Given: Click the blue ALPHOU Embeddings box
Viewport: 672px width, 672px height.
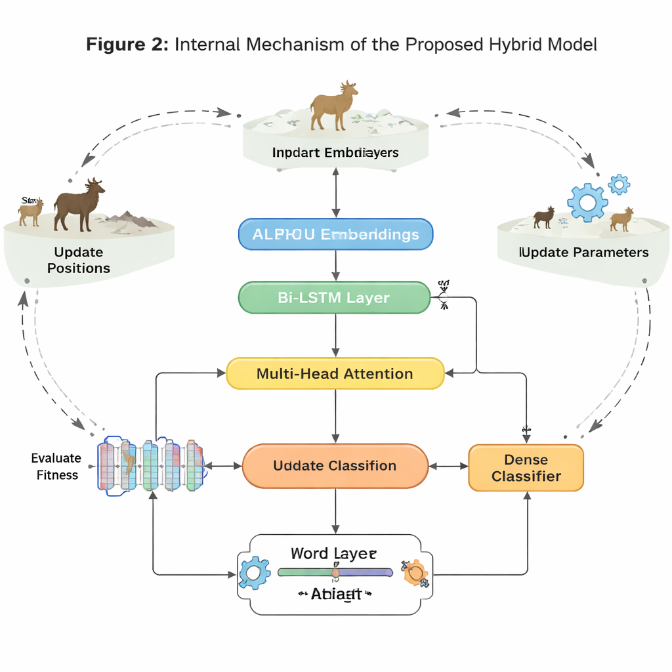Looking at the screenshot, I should point(335,234).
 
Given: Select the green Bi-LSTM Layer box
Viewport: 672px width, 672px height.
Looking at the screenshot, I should point(333,297).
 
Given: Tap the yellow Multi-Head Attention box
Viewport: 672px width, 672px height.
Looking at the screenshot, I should point(335,373).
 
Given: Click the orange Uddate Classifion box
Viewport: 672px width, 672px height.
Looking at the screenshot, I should point(335,466).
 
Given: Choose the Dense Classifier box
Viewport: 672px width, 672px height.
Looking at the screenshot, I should point(526,468).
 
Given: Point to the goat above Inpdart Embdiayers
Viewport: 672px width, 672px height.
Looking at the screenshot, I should point(335,106).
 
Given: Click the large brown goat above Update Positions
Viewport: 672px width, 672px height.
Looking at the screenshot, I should point(79,203).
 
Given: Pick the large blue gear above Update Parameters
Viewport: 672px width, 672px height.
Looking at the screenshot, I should point(587,202).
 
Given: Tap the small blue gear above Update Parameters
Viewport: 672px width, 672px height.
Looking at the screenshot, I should point(618,184).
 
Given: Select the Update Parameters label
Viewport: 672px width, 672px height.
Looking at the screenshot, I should point(583,253).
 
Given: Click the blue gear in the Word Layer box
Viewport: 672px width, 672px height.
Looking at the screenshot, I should point(252,573).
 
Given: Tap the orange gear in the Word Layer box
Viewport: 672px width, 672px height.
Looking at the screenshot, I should point(415,573).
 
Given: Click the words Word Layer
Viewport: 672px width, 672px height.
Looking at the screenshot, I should point(334,553).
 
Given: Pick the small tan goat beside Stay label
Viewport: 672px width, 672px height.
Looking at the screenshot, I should point(31,213).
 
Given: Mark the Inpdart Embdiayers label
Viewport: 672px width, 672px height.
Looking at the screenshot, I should point(335,152).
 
